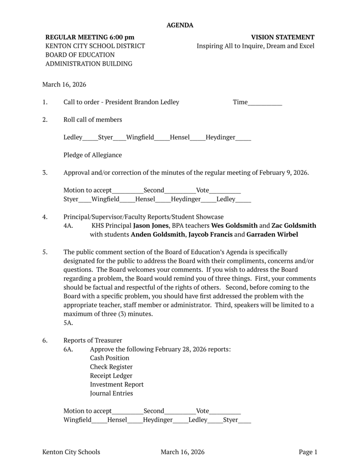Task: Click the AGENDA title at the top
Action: pyautogui.click(x=180, y=25)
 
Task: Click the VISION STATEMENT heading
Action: pyautogui.click(x=282, y=37)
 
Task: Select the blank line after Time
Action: pyautogui.click(x=265, y=103)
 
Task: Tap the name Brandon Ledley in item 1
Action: pyautogui.click(x=157, y=102)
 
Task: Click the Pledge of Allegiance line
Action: pyautogui.click(x=92, y=155)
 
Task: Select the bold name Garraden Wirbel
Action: pyautogui.click(x=272, y=234)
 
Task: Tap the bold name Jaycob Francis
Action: pyautogui.click(x=210, y=234)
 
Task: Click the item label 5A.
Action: pyautogui.click(x=68, y=323)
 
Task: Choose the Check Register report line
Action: pyautogui.click(x=111, y=367)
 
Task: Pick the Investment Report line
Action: pyautogui.click(x=117, y=384)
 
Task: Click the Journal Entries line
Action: pyautogui.click(x=112, y=393)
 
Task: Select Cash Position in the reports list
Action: pyautogui.click(x=110, y=358)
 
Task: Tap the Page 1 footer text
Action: pyautogui.click(x=308, y=452)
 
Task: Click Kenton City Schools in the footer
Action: pyautogui.click(x=71, y=452)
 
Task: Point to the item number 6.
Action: pyautogui.click(x=45, y=340)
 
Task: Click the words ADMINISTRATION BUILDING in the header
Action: pyautogui.click(x=89, y=64)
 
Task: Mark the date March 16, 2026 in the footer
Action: pyautogui.click(x=182, y=452)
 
